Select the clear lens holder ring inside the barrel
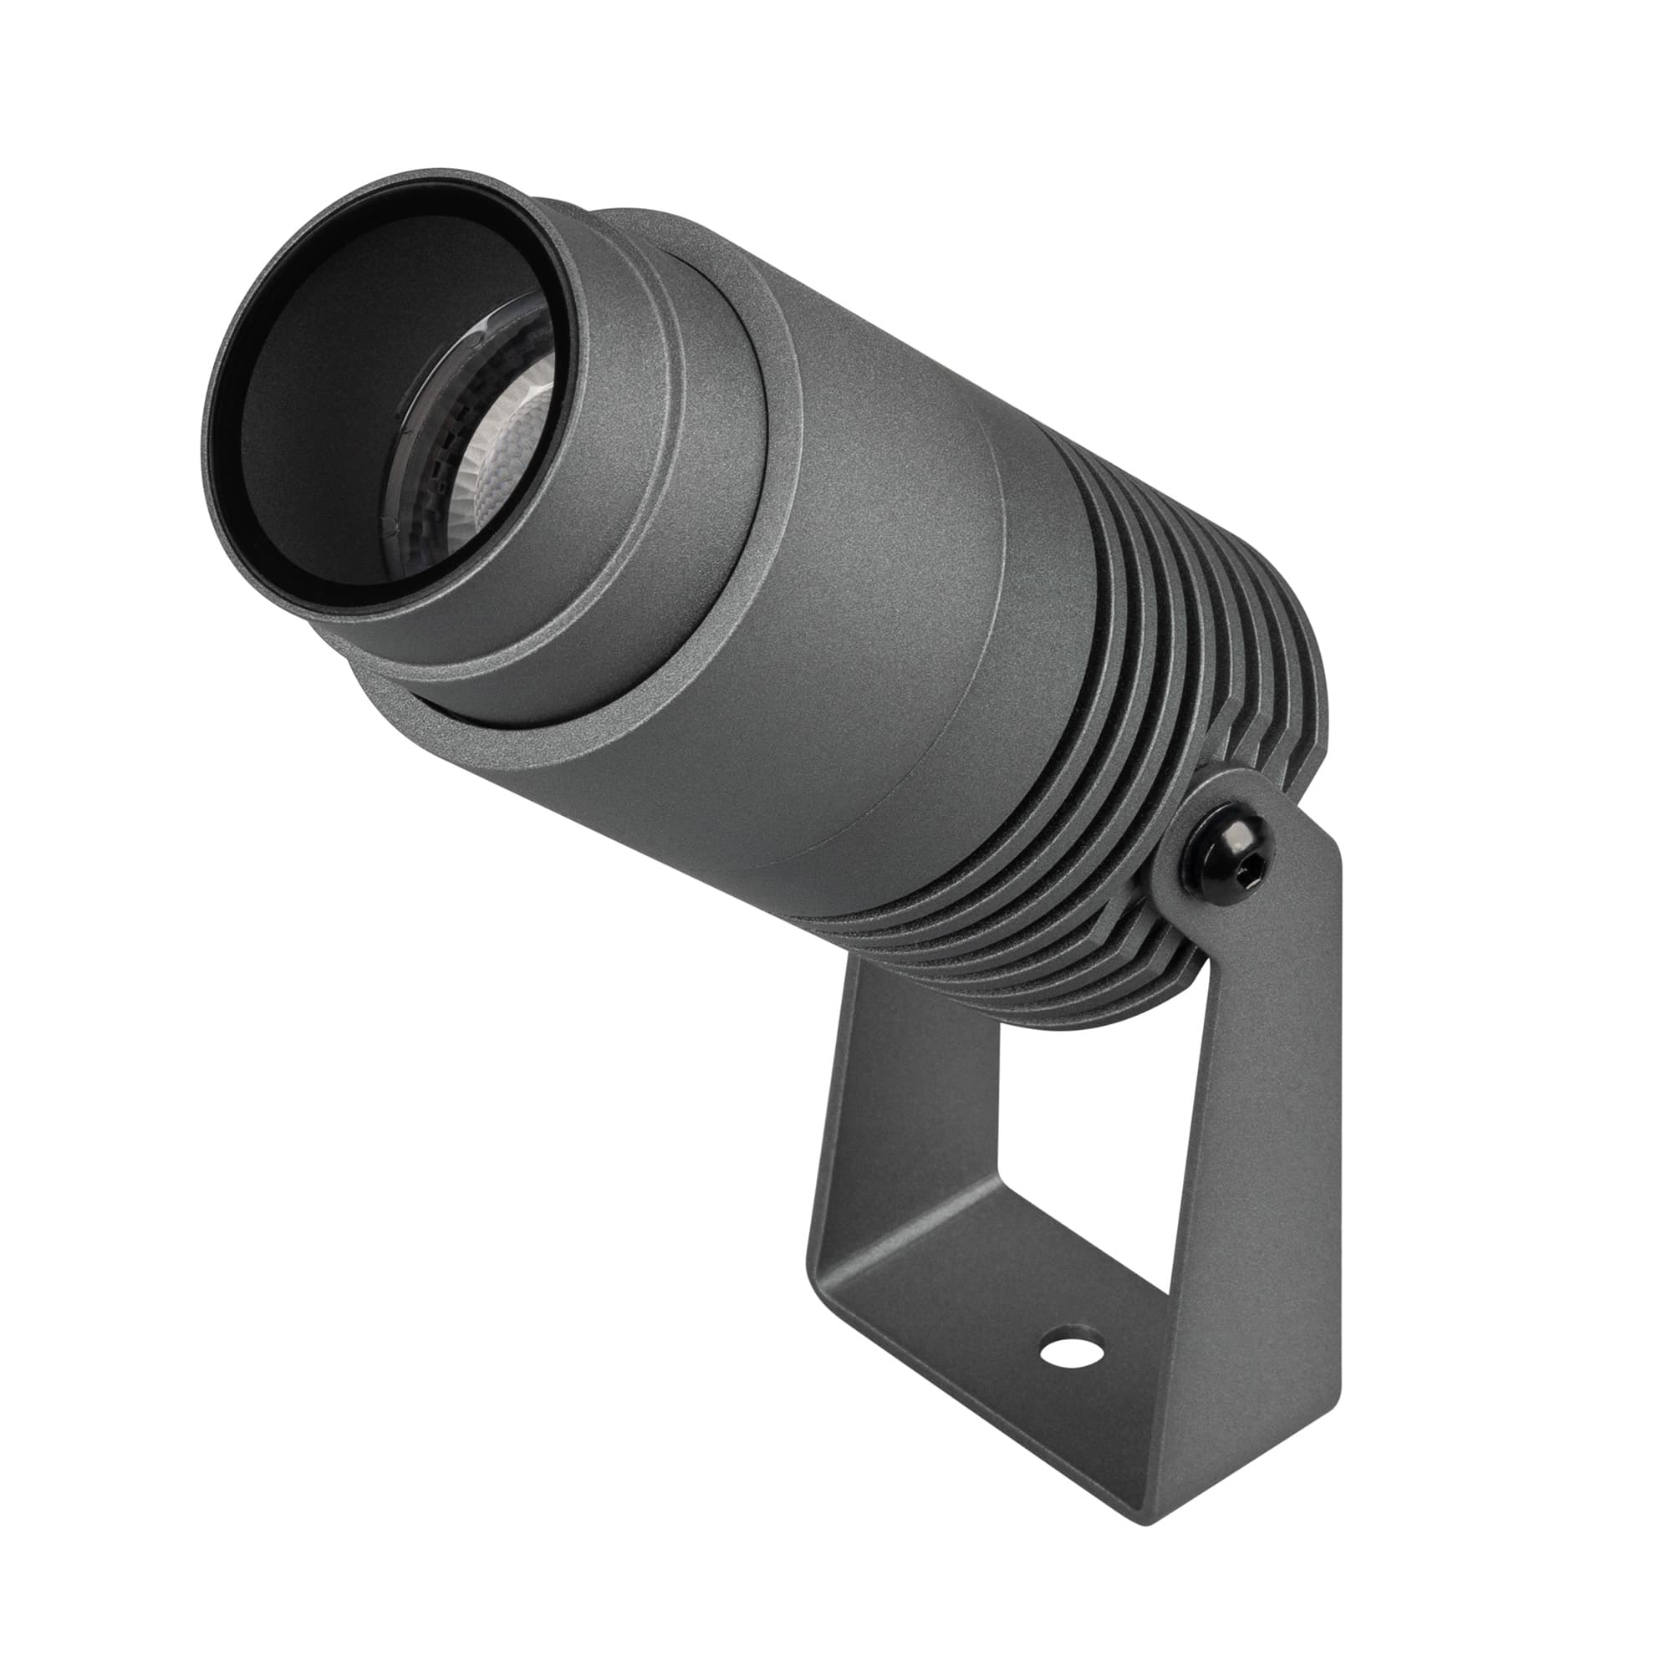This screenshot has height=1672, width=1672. (x=424, y=485)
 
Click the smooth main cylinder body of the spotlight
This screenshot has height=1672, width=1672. (x=865, y=606)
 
